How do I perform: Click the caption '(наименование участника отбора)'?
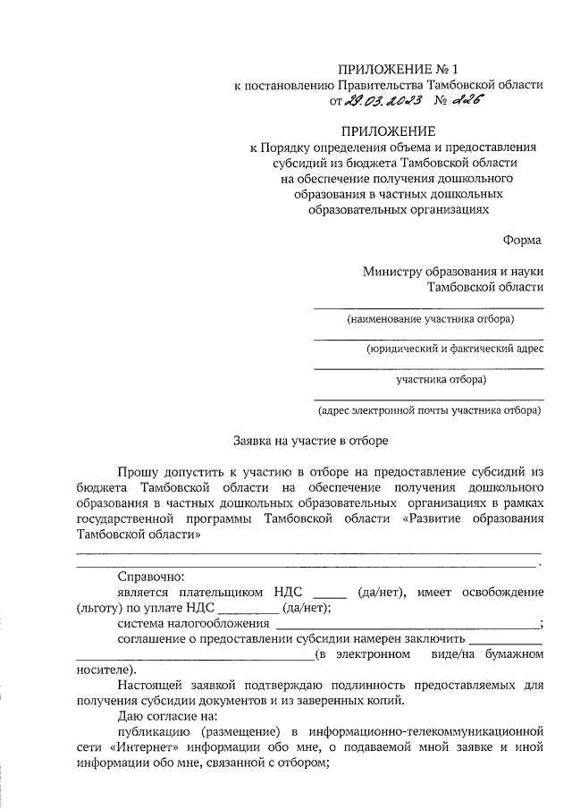click(431, 319)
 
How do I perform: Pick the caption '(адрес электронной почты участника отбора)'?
click(430, 410)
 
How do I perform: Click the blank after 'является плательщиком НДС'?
click(330, 593)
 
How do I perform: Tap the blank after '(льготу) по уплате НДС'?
click(247, 608)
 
